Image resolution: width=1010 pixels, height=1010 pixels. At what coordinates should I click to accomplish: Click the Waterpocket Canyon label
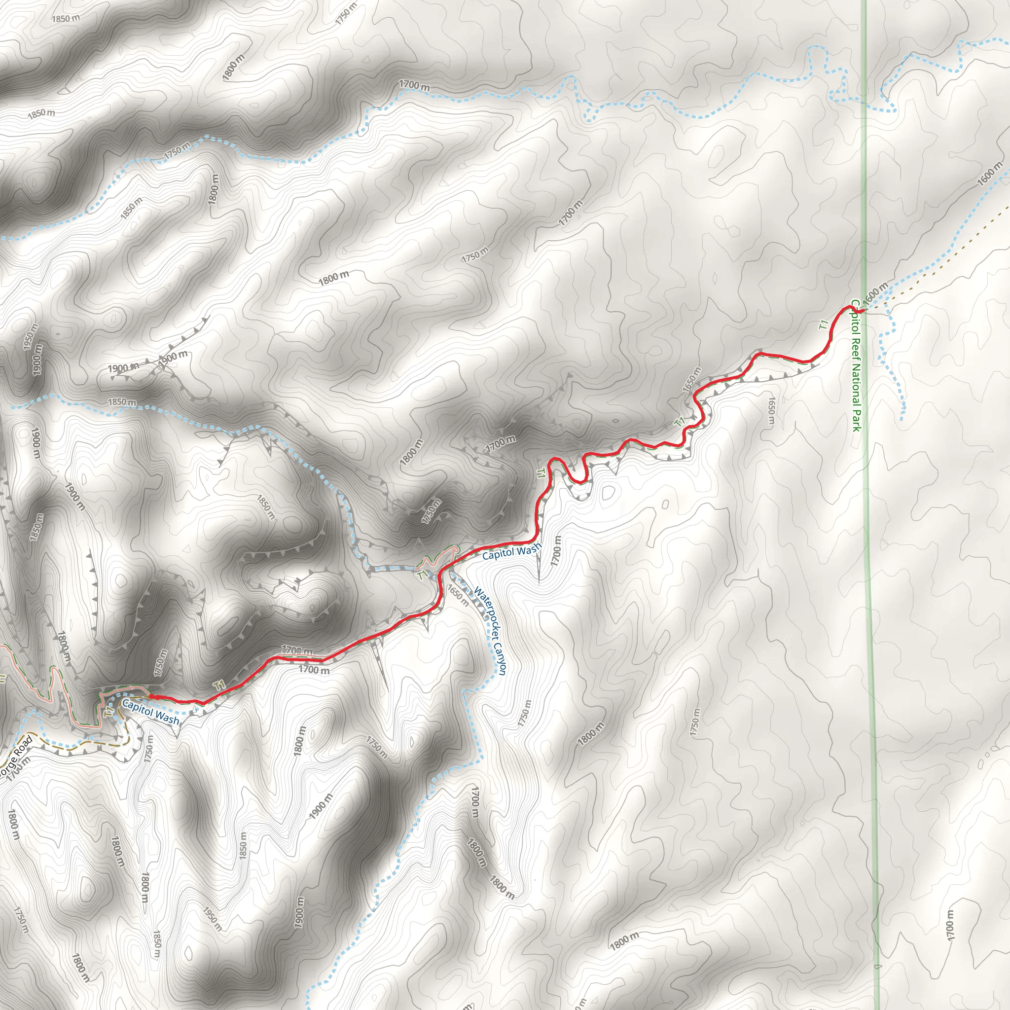pyautogui.click(x=490, y=631)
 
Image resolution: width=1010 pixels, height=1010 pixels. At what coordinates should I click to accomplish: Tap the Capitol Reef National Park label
pyautogui.click(x=856, y=365)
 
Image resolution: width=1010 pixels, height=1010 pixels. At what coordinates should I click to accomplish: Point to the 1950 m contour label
pyautogui.click(x=212, y=918)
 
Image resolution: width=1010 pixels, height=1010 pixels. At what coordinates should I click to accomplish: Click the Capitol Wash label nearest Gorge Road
pyautogui.click(x=150, y=712)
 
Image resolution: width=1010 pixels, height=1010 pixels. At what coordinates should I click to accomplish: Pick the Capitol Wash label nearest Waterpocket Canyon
pyautogui.click(x=511, y=551)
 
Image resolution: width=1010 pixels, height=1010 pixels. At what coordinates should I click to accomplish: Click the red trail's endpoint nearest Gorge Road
pyautogui.click(x=151, y=696)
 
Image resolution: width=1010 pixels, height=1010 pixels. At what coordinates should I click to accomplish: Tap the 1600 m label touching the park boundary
pyautogui.click(x=875, y=293)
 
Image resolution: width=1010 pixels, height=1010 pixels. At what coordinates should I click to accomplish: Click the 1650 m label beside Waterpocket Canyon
pyautogui.click(x=458, y=595)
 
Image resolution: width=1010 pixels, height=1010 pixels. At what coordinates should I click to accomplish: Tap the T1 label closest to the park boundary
pyautogui.click(x=824, y=325)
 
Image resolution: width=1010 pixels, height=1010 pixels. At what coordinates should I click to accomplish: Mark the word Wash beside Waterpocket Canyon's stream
pyautogui.click(x=529, y=549)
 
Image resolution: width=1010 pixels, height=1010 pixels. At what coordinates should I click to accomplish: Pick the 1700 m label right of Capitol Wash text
pyautogui.click(x=556, y=550)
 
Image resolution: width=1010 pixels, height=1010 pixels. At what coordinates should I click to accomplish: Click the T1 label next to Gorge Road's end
pyautogui.click(x=108, y=713)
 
